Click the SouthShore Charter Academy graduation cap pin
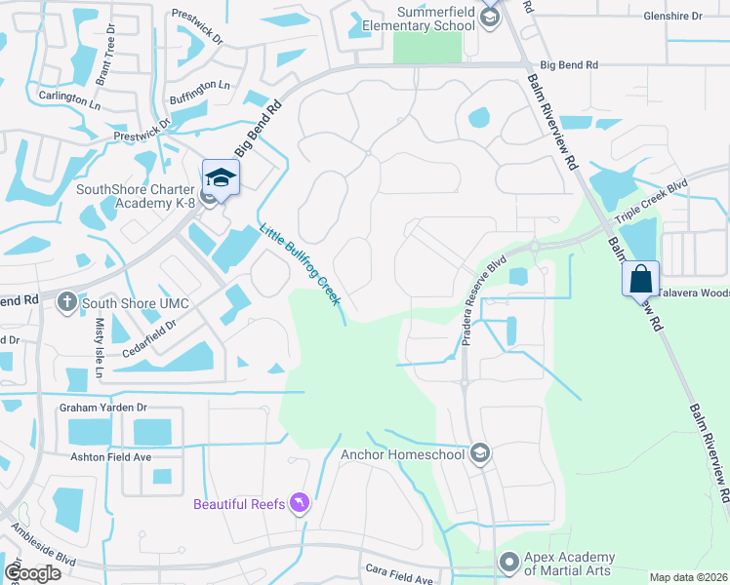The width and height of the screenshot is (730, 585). (x=221, y=177)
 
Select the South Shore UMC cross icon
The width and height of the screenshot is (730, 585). (x=66, y=302)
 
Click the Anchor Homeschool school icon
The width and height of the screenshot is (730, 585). (x=479, y=453)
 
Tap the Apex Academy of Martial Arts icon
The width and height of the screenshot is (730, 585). (x=507, y=563)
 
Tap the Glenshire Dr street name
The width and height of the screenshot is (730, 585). (x=672, y=17)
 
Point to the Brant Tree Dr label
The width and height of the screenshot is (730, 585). (x=107, y=63)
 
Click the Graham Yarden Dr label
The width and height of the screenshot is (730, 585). (x=102, y=408)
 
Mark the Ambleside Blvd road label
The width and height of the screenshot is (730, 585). (x=44, y=546)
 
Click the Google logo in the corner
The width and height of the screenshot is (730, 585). (x=32, y=571)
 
